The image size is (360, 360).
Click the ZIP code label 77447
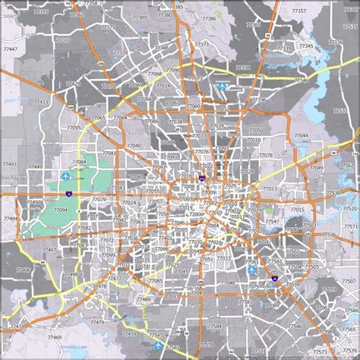[12, 49]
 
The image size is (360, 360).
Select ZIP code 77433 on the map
[40, 102]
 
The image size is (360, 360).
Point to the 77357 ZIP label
[299, 11]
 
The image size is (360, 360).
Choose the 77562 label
[346, 165]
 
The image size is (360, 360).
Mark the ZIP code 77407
[49, 249]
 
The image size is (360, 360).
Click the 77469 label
[53, 336]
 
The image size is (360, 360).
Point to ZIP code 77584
[215, 327]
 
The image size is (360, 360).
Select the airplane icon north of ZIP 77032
[223, 87]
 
